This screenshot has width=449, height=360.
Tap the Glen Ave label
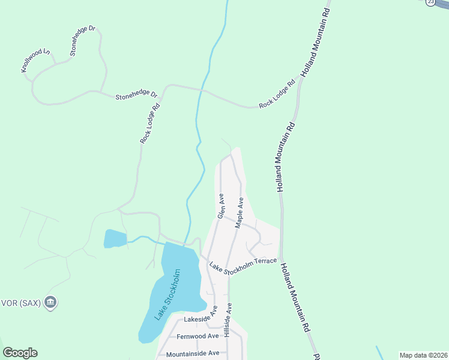tap(220, 206)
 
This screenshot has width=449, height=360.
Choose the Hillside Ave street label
tap(228, 320)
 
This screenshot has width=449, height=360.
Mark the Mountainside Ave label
tap(192, 353)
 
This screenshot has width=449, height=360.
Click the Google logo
tap(20, 353)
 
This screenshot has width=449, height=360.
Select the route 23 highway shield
tap(430, 2)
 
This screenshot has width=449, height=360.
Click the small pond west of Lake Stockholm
tap(115, 238)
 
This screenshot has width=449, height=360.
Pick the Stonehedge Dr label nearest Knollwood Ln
tap(82, 41)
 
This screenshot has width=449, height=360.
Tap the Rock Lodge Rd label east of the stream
tap(278, 94)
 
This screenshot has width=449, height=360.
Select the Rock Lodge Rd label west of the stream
tap(150, 124)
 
